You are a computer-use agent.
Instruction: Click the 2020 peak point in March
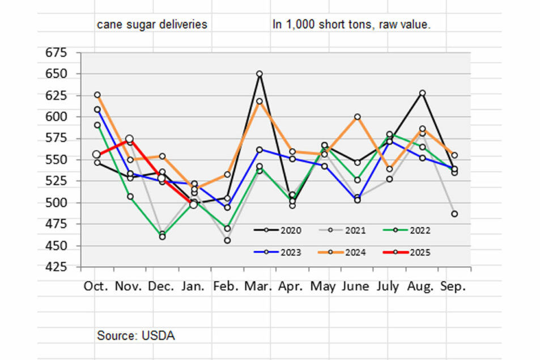(x=260, y=74)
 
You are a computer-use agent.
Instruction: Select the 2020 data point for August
(x=422, y=93)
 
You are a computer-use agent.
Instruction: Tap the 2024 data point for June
(x=357, y=117)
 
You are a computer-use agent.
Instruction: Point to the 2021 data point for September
(x=454, y=214)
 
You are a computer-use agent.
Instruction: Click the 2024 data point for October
(x=97, y=95)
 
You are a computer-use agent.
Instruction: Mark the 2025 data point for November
(x=129, y=139)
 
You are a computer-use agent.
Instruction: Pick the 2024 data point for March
(x=260, y=101)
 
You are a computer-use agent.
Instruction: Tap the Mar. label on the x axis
(x=259, y=286)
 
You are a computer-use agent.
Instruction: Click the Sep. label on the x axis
(x=453, y=286)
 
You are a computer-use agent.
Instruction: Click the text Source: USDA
(x=136, y=335)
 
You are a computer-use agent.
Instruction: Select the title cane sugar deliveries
(x=152, y=25)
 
